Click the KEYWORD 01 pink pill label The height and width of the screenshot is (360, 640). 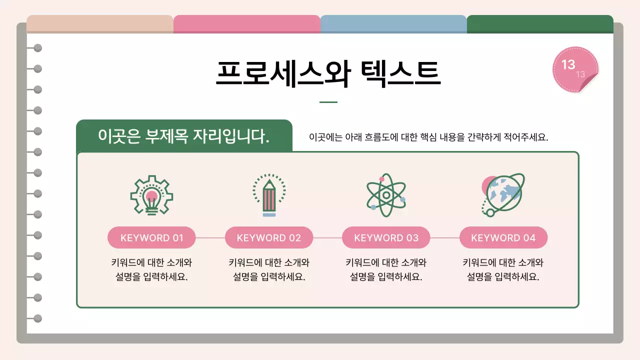151,237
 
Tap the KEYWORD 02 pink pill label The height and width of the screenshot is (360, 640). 269,237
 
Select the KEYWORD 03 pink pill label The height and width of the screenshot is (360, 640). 386,237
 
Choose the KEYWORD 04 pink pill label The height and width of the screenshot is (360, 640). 503,237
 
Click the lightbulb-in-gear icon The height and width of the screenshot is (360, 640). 151,195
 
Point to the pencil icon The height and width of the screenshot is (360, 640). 269,196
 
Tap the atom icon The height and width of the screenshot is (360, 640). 385,195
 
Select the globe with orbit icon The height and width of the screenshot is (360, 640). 503,194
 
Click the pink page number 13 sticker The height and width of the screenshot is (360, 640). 575,69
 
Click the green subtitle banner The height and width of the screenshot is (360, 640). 184,135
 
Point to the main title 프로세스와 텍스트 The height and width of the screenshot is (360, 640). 328,73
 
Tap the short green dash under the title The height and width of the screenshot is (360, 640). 328,102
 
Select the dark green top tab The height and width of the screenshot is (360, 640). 540,24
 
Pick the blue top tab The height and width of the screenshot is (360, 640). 393,24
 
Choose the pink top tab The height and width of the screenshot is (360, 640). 247,24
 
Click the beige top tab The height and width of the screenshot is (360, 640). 100,24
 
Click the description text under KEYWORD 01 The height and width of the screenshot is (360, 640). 151,269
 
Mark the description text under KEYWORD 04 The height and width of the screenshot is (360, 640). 503,269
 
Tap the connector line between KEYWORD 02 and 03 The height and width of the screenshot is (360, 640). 327,238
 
